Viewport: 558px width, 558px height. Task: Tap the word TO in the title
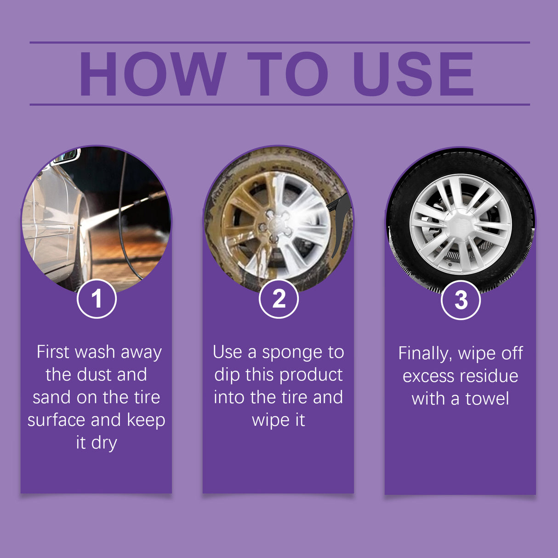pos(288,74)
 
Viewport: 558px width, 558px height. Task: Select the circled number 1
pos(97,299)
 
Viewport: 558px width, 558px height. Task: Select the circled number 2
pos(279,299)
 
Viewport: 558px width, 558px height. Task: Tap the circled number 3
pos(461,300)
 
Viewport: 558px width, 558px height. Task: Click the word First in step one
pos(53,352)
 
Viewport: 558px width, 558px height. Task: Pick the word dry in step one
pos(104,443)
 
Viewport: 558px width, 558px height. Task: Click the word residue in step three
pos(490,376)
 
